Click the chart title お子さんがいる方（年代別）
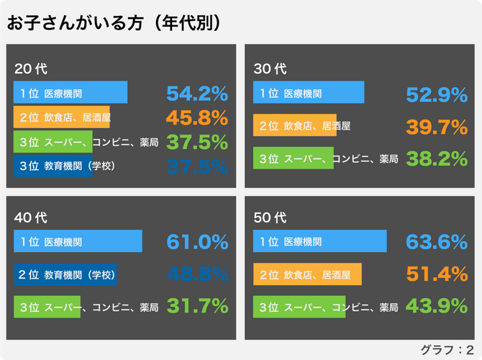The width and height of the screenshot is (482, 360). (x=113, y=23)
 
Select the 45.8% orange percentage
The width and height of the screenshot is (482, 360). (x=197, y=117)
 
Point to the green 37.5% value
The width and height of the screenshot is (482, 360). (x=197, y=142)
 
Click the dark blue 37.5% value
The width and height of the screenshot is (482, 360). (x=197, y=166)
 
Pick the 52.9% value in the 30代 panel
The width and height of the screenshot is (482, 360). (x=437, y=94)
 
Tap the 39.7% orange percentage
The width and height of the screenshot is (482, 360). (x=437, y=127)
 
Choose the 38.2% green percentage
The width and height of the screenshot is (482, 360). (x=437, y=158)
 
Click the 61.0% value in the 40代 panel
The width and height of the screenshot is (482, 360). (x=197, y=241)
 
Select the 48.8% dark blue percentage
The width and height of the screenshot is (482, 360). (x=197, y=274)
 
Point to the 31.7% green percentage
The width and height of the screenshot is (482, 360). (x=197, y=306)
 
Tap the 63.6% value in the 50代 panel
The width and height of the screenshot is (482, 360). (x=437, y=241)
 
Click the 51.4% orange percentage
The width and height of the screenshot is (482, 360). (x=437, y=274)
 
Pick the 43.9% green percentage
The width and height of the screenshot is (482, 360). (x=437, y=306)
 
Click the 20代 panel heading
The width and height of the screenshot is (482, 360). (x=30, y=70)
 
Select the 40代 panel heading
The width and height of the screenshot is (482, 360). (x=30, y=217)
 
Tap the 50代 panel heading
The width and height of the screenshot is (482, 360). (x=270, y=217)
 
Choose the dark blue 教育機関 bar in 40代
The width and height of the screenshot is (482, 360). (x=65, y=274)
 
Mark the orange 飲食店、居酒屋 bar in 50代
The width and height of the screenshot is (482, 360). (x=307, y=274)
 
